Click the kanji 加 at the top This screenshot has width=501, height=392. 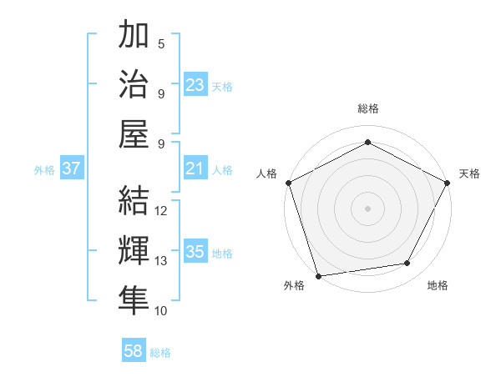pyautogui.click(x=134, y=36)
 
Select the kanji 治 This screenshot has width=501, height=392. pyautogui.click(x=134, y=84)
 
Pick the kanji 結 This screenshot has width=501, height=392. pyautogui.click(x=134, y=201)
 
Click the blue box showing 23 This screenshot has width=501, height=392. pyautogui.click(x=195, y=85)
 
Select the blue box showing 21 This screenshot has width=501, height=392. pyautogui.click(x=195, y=169)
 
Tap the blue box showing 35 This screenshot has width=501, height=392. pyautogui.click(x=195, y=252)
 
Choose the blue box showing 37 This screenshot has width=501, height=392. pyautogui.click(x=72, y=169)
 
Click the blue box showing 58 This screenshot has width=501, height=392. pyautogui.click(x=134, y=352)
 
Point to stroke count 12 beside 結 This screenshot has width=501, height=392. pyautogui.click(x=162, y=211)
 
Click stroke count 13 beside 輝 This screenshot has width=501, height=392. pyautogui.click(x=162, y=261)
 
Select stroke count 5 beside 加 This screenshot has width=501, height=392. pyautogui.click(x=161, y=44)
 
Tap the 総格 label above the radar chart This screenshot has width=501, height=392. pyautogui.click(x=367, y=108)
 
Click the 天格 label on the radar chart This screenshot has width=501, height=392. pyautogui.click(x=469, y=173)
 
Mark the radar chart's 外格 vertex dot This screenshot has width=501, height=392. pyautogui.click(x=318, y=275)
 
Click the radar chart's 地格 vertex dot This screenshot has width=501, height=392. pyautogui.click(x=407, y=264)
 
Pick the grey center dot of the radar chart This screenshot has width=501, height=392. pyautogui.click(x=367, y=208)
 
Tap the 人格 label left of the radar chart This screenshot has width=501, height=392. pyautogui.click(x=266, y=173)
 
